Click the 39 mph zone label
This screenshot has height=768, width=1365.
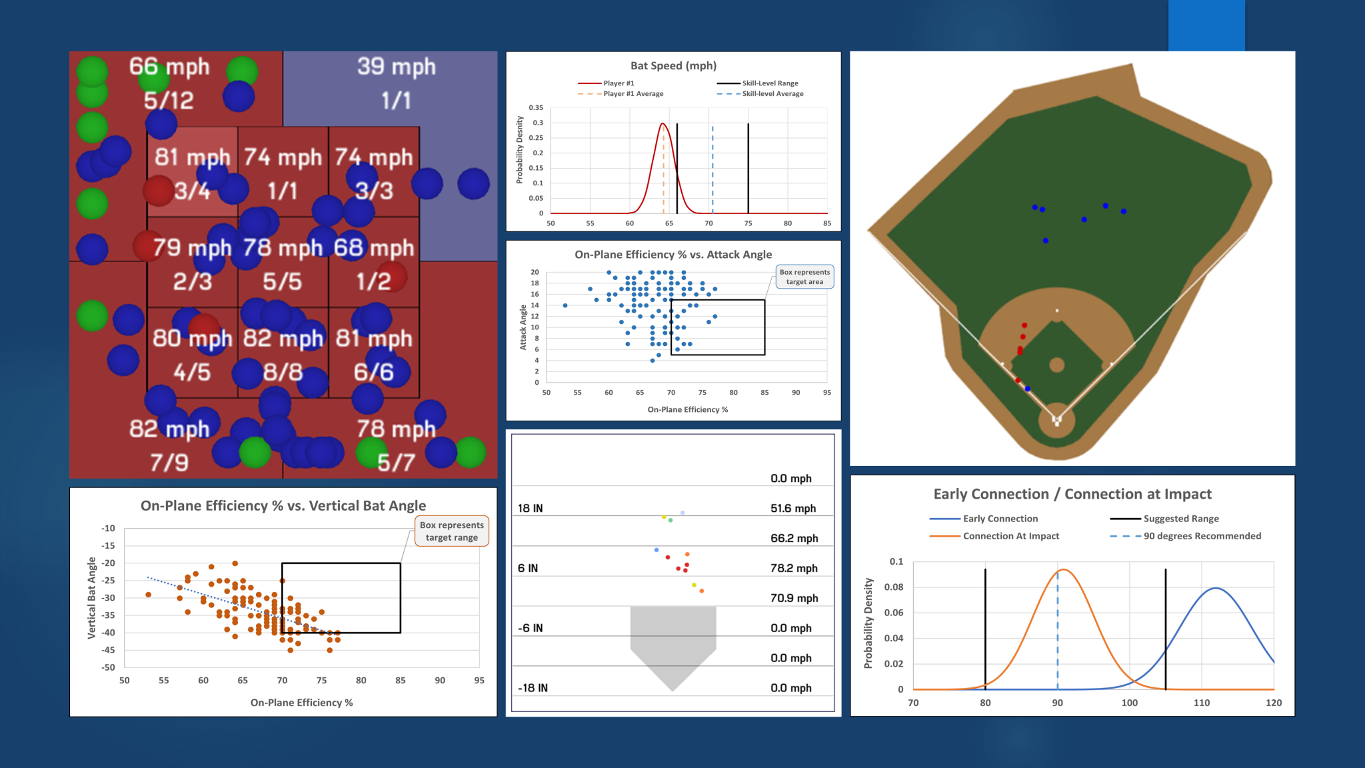pyautogui.click(x=396, y=67)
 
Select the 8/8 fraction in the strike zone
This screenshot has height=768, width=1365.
pyautogui.click(x=283, y=372)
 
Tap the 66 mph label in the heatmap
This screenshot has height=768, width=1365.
pyautogui.click(x=169, y=67)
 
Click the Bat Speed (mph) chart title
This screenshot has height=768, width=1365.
pyautogui.click(x=673, y=65)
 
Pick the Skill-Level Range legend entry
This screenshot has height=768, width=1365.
pyautogui.click(x=770, y=83)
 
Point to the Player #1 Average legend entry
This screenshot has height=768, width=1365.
pyautogui.click(x=633, y=94)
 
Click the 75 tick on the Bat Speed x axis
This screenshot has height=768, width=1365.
pyautogui.click(x=748, y=223)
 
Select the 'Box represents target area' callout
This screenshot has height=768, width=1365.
pyautogui.click(x=804, y=277)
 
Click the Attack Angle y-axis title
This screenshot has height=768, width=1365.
pyautogui.click(x=523, y=327)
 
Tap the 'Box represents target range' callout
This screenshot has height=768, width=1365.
pyautogui.click(x=451, y=531)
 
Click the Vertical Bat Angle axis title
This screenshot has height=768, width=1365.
pyautogui.click(x=92, y=598)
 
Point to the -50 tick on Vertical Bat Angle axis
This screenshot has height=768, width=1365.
pyautogui.click(x=108, y=667)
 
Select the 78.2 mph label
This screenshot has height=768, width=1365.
pyautogui.click(x=793, y=568)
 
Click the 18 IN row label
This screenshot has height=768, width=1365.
pyautogui.click(x=530, y=508)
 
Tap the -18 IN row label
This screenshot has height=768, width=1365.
pyautogui.click(x=533, y=688)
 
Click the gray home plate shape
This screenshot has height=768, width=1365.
pyautogui.click(x=673, y=640)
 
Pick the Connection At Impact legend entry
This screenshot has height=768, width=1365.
pyautogui.click(x=1010, y=536)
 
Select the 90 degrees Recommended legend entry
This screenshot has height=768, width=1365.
pyautogui.click(x=1202, y=536)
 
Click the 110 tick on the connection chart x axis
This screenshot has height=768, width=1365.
pyautogui.click(x=1201, y=703)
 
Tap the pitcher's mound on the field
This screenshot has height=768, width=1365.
pyautogui.click(x=1056, y=365)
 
